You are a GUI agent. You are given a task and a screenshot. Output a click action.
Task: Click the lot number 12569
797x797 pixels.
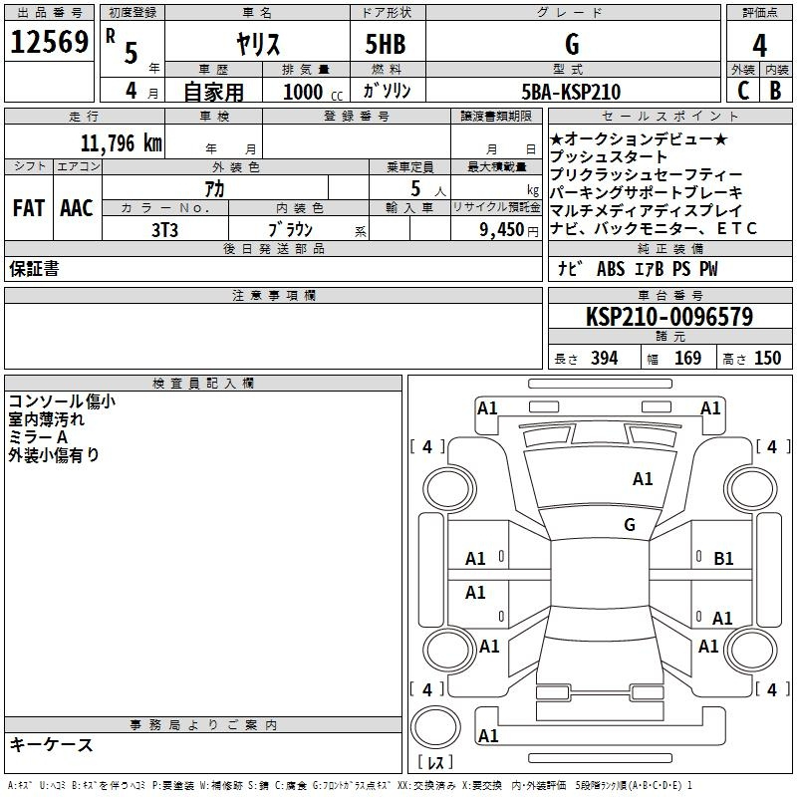point(49,42)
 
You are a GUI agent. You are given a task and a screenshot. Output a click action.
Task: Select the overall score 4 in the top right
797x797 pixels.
point(759,46)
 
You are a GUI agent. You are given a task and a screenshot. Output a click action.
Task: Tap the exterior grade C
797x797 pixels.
point(743,91)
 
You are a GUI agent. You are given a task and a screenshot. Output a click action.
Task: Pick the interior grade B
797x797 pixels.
point(775,91)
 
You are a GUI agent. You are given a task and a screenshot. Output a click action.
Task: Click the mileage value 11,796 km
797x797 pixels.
point(121,143)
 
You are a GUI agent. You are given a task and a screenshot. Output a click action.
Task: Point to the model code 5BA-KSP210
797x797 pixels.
point(571,92)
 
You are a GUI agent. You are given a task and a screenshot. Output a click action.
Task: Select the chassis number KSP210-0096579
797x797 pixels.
point(669,317)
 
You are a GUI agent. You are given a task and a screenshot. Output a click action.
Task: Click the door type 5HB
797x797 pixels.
point(386,44)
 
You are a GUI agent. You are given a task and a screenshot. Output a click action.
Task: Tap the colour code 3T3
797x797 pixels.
point(164,230)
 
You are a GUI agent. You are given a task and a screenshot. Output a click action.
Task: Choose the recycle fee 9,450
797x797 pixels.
point(502,230)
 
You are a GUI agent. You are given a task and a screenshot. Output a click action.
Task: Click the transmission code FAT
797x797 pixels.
point(29,208)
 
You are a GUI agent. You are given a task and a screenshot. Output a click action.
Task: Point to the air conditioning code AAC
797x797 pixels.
point(77,208)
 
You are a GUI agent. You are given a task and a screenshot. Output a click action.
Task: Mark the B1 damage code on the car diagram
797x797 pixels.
point(723,559)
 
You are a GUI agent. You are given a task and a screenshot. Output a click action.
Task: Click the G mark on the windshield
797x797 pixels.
point(630,525)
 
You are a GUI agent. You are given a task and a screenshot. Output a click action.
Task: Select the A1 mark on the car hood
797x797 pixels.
point(643,479)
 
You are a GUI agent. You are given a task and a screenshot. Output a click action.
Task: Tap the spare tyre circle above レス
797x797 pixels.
point(435,727)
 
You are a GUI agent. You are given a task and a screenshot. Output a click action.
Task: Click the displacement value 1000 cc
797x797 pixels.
point(313,93)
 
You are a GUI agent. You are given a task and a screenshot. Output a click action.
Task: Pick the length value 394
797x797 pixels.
point(605,358)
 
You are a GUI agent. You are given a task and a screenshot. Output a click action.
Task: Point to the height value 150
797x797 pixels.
point(767,358)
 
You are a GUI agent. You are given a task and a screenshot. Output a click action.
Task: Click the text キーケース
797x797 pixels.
point(51,744)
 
